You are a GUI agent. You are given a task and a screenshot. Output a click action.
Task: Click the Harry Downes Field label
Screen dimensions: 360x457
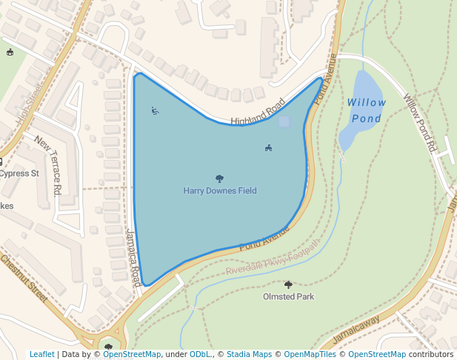pos(220,191)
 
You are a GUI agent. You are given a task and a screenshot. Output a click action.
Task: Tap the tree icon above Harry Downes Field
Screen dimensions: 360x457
pos(219,179)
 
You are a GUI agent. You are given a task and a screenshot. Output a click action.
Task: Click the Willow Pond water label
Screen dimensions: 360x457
pos(366,110)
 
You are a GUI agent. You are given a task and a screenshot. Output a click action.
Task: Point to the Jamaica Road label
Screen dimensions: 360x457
pos(133,258)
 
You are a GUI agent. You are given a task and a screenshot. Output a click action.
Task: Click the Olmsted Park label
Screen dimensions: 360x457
pos(288,297)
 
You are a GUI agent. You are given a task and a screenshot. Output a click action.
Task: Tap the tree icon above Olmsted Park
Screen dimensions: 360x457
pos(288,284)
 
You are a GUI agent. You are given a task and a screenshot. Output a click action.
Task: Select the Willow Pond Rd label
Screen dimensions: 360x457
pos(419,123)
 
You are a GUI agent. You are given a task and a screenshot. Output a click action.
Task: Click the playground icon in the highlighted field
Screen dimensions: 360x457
pos(155,111)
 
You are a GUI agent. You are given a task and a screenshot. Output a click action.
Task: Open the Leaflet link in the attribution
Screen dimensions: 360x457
pos(41,355)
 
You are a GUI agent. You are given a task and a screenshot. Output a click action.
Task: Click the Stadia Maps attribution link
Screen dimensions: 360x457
pos(249,355)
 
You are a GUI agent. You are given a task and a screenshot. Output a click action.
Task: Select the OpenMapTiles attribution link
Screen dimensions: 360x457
pos(310,355)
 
